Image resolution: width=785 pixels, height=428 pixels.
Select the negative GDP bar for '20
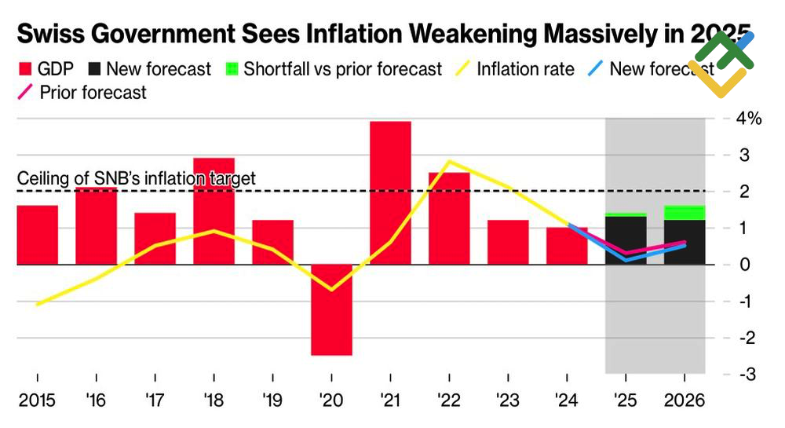pyautogui.click(x=331, y=310)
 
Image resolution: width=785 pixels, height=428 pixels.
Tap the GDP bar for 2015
pyautogui.click(x=37, y=235)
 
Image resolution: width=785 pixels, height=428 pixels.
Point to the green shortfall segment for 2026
pyautogui.click(x=685, y=213)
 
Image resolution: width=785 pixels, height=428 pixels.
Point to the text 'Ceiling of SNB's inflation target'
pyautogui.click(x=137, y=179)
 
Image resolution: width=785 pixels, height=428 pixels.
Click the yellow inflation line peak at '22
pyautogui.click(x=448, y=163)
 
